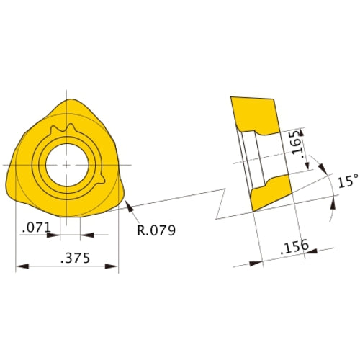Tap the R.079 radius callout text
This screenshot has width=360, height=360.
coord(156,230)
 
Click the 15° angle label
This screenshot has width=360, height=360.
coord(346,182)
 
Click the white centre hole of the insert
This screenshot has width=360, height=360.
coord(66,164)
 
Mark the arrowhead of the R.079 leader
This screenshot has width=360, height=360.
coord(127,205)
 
